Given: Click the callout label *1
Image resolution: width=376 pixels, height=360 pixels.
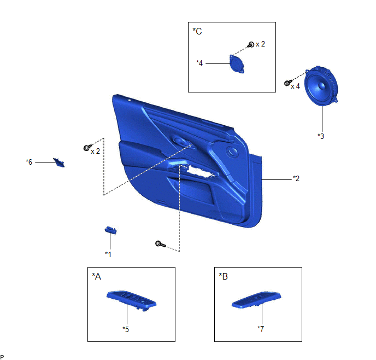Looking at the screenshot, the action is tap(108, 254).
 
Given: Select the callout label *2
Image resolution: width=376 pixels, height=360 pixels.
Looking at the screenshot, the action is tap(296, 178).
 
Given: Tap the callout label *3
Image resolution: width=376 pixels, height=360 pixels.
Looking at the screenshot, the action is tap(321, 136).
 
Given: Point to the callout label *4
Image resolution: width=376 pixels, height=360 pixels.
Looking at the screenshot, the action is tap(199, 63).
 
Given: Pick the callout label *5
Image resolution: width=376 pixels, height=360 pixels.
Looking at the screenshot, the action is tap(126, 329).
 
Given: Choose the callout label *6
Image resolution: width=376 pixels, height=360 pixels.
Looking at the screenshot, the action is tap(29, 162).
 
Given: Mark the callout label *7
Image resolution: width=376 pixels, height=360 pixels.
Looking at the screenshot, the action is tap(261, 329).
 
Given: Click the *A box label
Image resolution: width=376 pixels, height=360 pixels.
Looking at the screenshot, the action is tap(96, 276).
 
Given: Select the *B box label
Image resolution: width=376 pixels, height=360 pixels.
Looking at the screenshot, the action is tap(223, 276).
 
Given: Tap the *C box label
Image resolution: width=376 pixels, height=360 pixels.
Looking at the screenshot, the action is tap(197, 31).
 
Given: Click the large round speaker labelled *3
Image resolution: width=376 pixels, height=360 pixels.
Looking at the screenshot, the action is tap(321, 86).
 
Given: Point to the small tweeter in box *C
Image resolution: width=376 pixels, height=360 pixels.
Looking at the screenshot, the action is tap(237, 64).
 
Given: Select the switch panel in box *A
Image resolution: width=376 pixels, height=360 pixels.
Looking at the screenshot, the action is tap(131, 300).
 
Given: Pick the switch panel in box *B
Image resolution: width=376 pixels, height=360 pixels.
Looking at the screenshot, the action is tap(256, 299).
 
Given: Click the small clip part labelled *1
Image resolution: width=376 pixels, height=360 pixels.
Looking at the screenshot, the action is tap(111, 230).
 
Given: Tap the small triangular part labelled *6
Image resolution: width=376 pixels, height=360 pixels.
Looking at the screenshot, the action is tap(59, 162).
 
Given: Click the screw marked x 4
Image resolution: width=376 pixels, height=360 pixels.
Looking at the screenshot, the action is tap(288, 83).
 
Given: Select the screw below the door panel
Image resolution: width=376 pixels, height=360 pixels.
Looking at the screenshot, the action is tap(160, 244).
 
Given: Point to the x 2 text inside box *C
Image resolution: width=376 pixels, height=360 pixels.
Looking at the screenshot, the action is tap(261, 44).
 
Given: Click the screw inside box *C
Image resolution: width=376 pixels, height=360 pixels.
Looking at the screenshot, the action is tap(251, 44).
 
